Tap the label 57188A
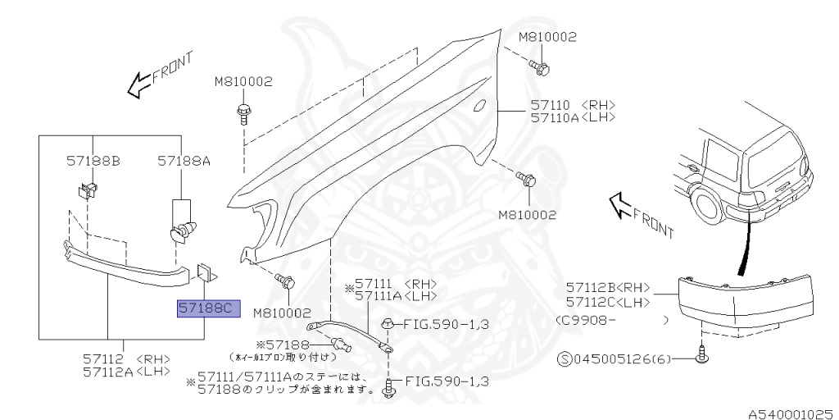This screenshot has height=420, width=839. point(184,162)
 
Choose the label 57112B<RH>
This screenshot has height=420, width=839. point(607,287)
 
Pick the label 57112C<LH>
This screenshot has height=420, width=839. point(607,301)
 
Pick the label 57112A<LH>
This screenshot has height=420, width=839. point(126,371)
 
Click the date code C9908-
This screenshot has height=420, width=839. point(585,319)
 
